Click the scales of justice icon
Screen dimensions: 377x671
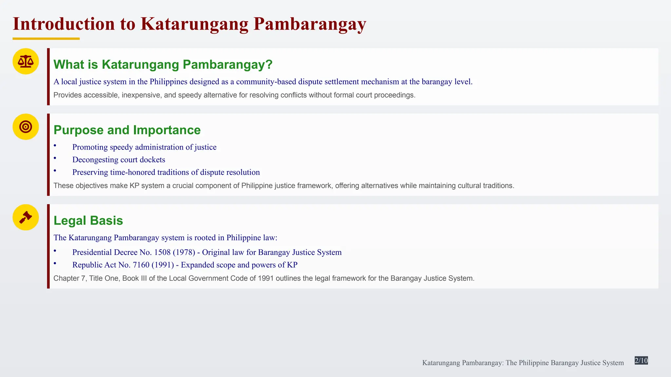pyautogui.click(x=26, y=61)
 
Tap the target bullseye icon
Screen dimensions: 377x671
pyautogui.click(x=26, y=127)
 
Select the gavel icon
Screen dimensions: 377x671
pyautogui.click(x=26, y=217)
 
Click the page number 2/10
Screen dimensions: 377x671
pyautogui.click(x=641, y=361)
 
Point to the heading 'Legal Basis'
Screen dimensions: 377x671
pyautogui.click(x=88, y=221)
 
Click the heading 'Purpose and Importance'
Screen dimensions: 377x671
pyautogui.click(x=127, y=130)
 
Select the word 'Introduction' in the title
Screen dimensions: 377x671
pyautogui.click(x=64, y=24)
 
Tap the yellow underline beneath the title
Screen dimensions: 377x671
pyautogui.click(x=46, y=39)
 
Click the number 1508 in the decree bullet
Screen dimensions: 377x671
pyautogui.click(x=162, y=252)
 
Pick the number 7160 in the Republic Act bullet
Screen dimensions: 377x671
pyautogui.click(x=141, y=265)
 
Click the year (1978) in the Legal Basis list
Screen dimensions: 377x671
pyautogui.click(x=184, y=252)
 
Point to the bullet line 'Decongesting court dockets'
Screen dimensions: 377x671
pyautogui.click(x=119, y=160)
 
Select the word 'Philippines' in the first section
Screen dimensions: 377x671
pyautogui.click(x=168, y=81)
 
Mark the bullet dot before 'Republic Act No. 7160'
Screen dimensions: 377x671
pyautogui.click(x=55, y=263)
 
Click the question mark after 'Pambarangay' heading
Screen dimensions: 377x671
pyautogui.click(x=269, y=64)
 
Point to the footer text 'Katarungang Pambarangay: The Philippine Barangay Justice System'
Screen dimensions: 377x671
pyautogui.click(x=523, y=363)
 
